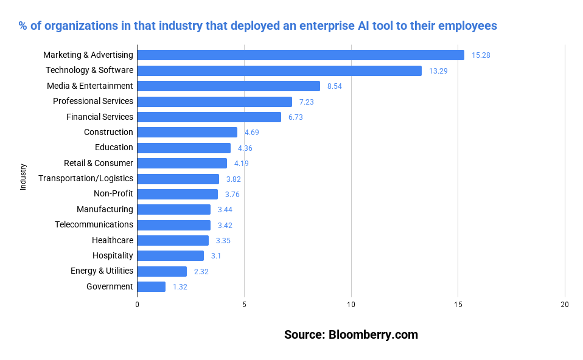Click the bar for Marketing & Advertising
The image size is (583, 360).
click(x=301, y=55)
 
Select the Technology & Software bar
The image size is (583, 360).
click(x=279, y=71)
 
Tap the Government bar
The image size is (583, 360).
click(x=151, y=286)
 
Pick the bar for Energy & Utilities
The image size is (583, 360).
click(x=162, y=271)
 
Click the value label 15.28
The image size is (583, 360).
click(x=481, y=55)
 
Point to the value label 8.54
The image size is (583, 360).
click(x=335, y=86)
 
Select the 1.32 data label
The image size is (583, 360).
click(x=180, y=287)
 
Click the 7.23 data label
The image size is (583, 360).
click(x=306, y=102)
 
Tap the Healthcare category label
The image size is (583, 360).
click(x=113, y=240)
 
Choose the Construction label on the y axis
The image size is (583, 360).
click(x=108, y=132)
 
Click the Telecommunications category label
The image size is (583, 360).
click(x=94, y=224)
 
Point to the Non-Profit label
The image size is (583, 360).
click(x=113, y=194)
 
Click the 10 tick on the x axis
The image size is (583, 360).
click(x=351, y=305)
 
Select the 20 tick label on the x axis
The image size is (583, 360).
click(x=565, y=305)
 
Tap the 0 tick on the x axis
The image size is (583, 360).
click(x=137, y=305)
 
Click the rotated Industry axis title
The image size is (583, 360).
click(x=23, y=177)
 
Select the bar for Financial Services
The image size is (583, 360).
click(x=209, y=117)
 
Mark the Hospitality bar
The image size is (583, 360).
click(x=170, y=255)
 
